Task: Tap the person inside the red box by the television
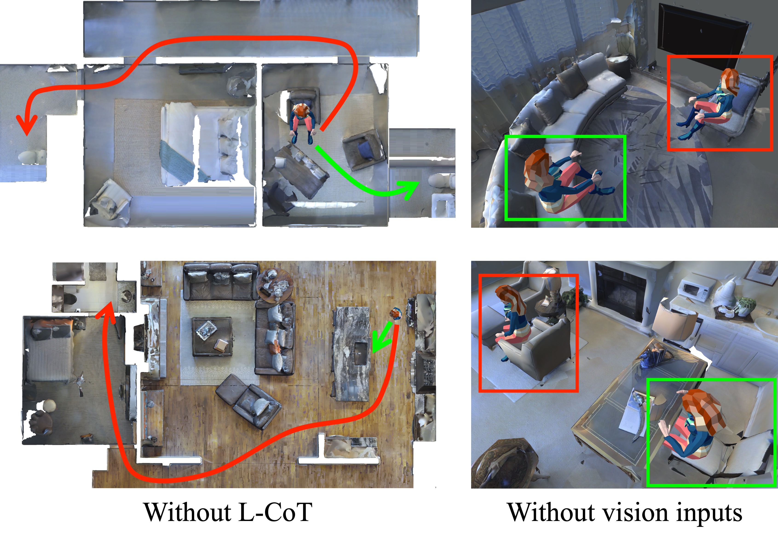706,103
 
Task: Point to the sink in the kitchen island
360,353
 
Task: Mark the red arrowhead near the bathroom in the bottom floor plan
108,310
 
